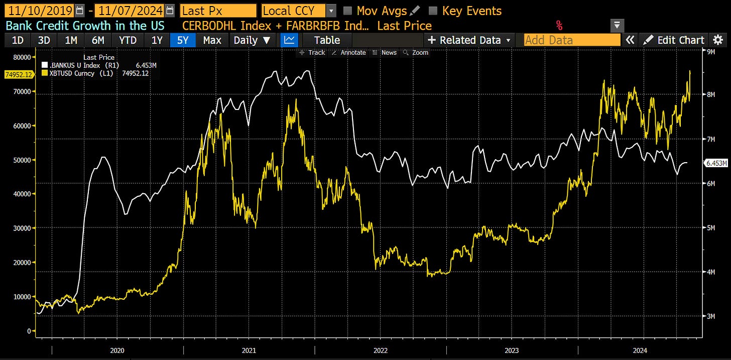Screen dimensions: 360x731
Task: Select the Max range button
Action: click(x=212, y=40)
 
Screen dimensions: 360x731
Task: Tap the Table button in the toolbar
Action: click(x=327, y=40)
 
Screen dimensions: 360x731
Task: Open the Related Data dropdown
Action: click(x=469, y=40)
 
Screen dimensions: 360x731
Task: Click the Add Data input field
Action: click(x=572, y=40)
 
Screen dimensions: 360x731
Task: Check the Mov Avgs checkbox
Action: click(x=347, y=11)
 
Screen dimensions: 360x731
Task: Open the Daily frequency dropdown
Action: click(x=252, y=40)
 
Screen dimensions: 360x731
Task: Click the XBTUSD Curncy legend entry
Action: click(x=75, y=74)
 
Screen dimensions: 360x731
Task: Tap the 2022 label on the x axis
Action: click(x=380, y=350)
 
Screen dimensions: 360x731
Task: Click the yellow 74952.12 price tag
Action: click(x=18, y=75)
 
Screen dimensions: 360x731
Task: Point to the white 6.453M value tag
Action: click(x=716, y=163)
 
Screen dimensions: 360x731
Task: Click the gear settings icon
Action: click(x=718, y=40)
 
